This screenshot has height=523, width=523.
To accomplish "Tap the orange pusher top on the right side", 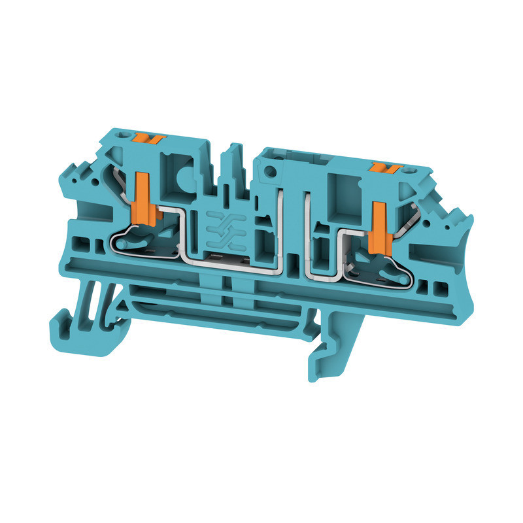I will [x=382, y=169].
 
